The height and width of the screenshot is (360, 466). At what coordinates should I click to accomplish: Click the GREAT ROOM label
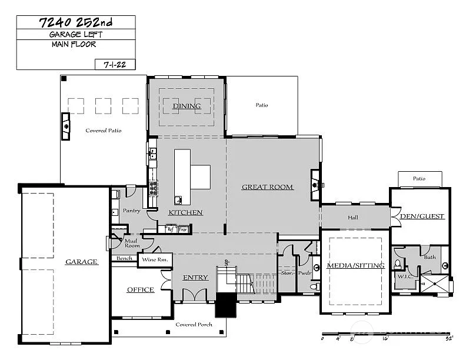click(268, 187)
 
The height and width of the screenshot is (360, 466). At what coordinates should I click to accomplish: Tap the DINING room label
click(187, 106)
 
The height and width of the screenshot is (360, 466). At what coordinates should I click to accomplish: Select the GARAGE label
click(81, 262)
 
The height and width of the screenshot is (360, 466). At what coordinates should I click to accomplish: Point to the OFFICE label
click(141, 289)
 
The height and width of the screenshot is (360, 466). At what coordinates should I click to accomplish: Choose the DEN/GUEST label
click(422, 216)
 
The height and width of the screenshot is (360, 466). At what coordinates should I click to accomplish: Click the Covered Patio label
click(104, 131)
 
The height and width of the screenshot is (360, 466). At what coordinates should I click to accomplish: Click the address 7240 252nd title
click(75, 23)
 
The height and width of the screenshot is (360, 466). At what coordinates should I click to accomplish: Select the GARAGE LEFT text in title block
click(75, 35)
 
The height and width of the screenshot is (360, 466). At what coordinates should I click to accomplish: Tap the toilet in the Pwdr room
click(315, 286)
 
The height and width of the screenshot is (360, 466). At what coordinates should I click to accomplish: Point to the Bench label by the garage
click(124, 258)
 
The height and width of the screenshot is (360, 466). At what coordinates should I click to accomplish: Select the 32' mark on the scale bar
click(449, 338)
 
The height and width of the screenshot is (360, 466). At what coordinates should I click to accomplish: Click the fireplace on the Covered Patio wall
click(66, 125)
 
